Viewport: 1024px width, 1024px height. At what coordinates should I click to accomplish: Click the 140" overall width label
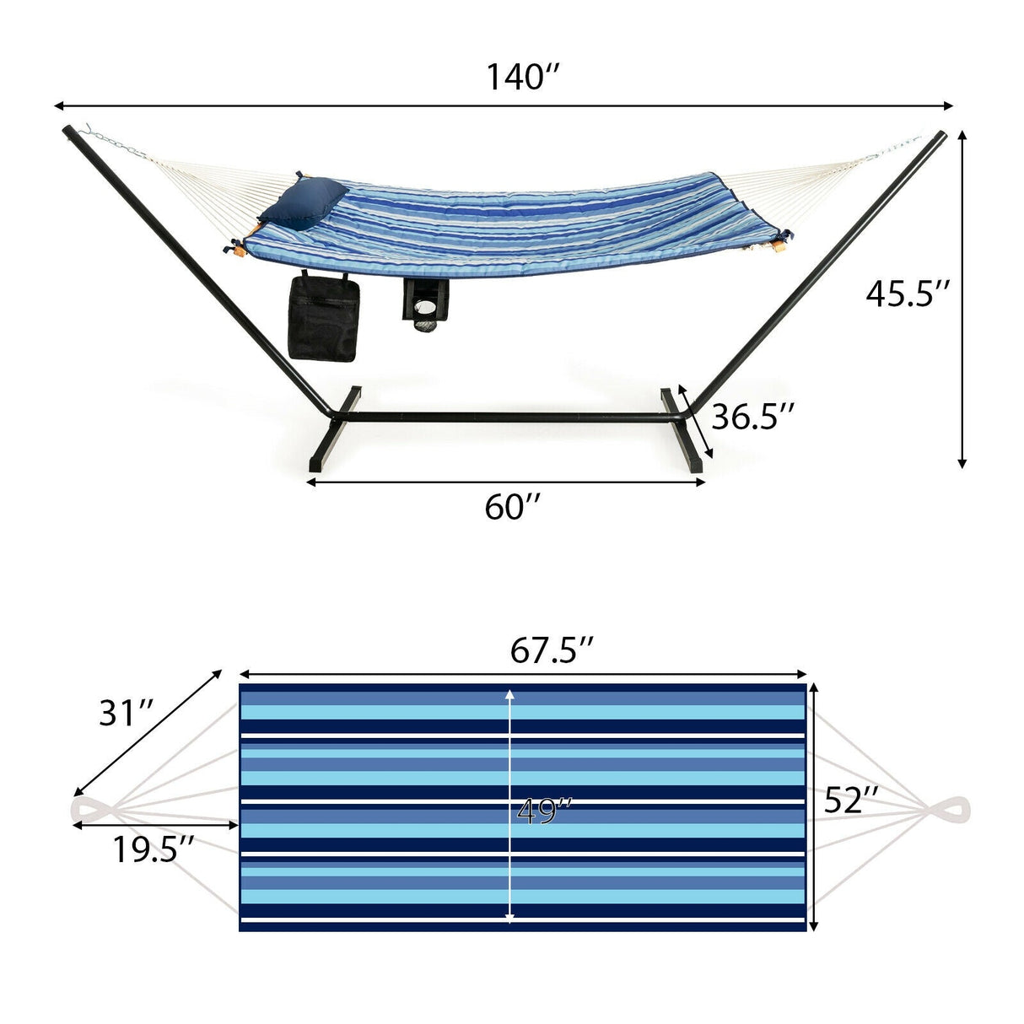coord(523,77)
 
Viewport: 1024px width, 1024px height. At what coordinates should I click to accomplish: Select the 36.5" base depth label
coord(752,417)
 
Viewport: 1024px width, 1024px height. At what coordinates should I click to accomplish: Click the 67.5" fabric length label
coord(552,650)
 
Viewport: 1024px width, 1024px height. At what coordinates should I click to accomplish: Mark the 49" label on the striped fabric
coord(544,812)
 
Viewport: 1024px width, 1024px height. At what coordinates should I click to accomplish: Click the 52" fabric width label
coord(851,800)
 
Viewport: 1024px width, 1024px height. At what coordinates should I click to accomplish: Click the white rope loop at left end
coord(88,810)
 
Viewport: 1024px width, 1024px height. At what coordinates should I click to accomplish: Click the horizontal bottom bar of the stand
coord(506,418)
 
